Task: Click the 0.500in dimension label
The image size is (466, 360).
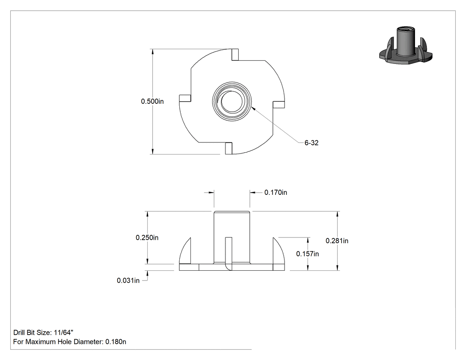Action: pyautogui.click(x=152, y=101)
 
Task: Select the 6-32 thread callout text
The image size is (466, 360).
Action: pyautogui.click(x=312, y=143)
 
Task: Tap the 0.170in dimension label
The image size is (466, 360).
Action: pyautogui.click(x=276, y=193)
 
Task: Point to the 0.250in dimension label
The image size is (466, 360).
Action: pyautogui.click(x=147, y=238)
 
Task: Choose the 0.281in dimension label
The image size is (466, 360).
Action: pyautogui.click(x=337, y=241)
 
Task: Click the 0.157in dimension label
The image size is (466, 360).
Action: pyautogui.click(x=308, y=254)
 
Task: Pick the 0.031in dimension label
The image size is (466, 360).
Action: pyautogui.click(x=128, y=281)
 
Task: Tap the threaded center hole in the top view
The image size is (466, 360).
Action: pyautogui.click(x=232, y=101)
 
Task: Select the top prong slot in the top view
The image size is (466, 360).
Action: pyautogui.click(x=235, y=55)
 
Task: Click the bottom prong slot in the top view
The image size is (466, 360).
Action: pyautogui.click(x=229, y=148)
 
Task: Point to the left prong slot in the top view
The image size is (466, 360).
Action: pyautogui.click(x=185, y=99)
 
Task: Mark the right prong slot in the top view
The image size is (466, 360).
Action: pyautogui.click(x=279, y=105)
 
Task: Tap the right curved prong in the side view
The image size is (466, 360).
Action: pyautogui.click(x=278, y=252)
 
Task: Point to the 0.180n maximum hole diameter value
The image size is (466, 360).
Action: pyautogui.click(x=115, y=342)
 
